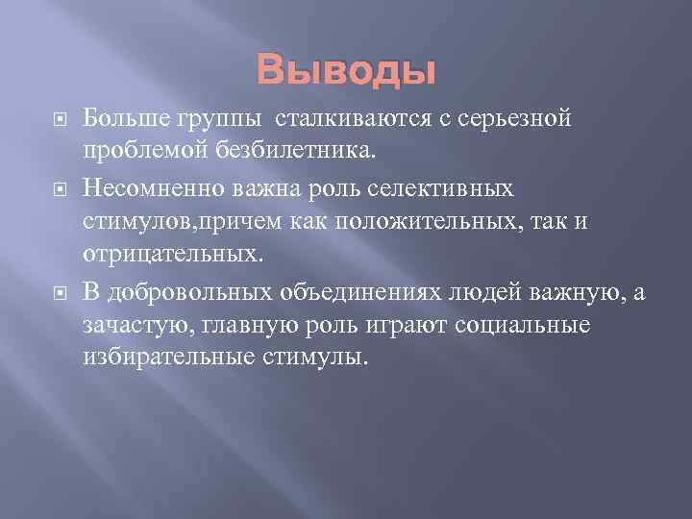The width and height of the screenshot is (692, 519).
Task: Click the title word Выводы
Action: [346, 71]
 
